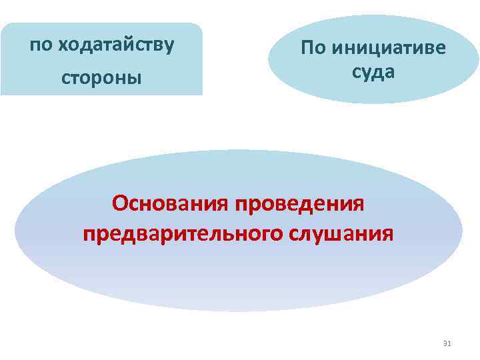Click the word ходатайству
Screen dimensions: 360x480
[x=117, y=45]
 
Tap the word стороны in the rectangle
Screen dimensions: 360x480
[x=101, y=78]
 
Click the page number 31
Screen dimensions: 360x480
[x=447, y=343]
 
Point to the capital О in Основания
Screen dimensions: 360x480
[x=120, y=201]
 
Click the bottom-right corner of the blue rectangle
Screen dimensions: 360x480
[x=201, y=95]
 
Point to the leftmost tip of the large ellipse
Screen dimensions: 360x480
[x=15, y=231]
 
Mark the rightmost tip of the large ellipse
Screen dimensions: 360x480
[x=462, y=231]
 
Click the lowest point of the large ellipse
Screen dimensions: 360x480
[x=239, y=311]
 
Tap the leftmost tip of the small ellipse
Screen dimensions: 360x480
[x=269, y=59]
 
